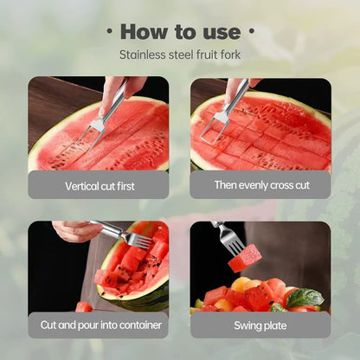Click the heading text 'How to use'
[x=179, y=32]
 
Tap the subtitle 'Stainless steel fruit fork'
[x=179, y=55]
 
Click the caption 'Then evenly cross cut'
[x=260, y=184]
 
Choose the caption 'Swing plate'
[x=260, y=325]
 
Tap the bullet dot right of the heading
[x=251, y=32]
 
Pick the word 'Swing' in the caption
[x=247, y=325]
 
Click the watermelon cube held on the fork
[x=246, y=258]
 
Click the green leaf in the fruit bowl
[x=305, y=297]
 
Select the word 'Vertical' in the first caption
[x=81, y=185]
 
